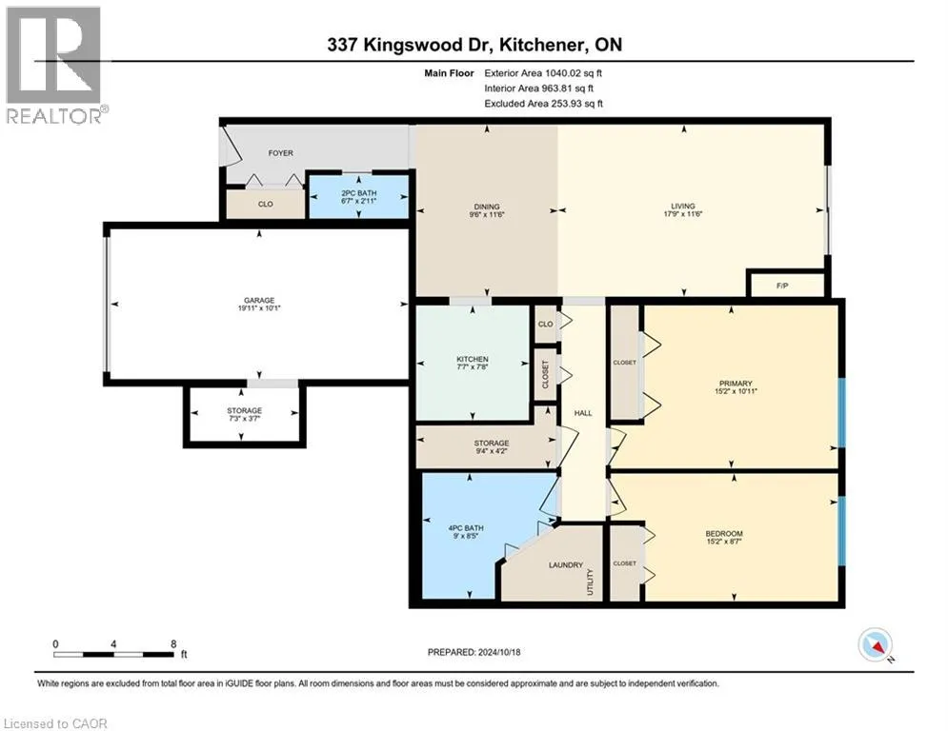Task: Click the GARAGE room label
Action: [259, 300]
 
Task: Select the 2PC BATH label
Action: [358, 193]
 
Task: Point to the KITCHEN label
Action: [473, 360]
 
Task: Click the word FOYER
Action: [280, 153]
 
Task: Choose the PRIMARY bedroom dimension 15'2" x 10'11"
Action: [736, 391]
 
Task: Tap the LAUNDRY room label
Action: [566, 565]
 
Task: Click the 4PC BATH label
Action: [466, 528]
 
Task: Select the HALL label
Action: [583, 413]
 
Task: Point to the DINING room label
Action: [487, 207]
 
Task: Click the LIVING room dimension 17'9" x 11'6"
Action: [682, 214]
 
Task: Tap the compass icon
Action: [875, 645]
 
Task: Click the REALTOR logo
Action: [54, 66]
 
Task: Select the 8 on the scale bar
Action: [173, 644]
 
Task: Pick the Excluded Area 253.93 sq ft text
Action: [543, 104]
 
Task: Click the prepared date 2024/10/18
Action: [499, 652]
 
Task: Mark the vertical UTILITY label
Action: [590, 582]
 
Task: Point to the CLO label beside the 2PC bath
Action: [266, 205]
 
